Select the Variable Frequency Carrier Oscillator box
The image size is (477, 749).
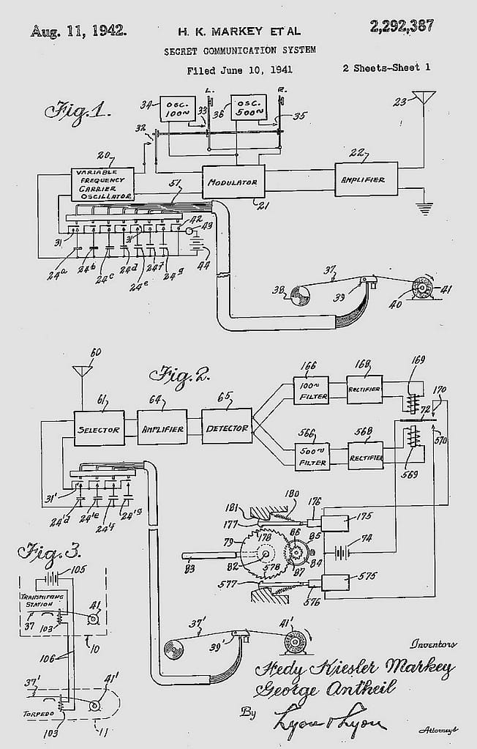[102, 185]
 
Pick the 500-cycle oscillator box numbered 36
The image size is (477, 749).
[249, 109]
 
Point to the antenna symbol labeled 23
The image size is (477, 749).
[424, 100]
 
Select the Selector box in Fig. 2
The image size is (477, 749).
[98, 429]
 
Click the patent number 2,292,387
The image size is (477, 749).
[402, 26]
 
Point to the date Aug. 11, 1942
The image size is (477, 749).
[78, 31]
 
